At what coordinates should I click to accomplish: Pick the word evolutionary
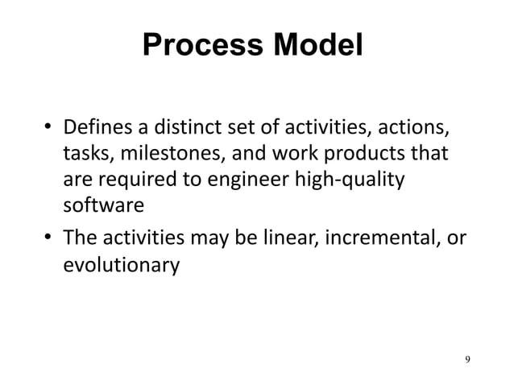[121, 264]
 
